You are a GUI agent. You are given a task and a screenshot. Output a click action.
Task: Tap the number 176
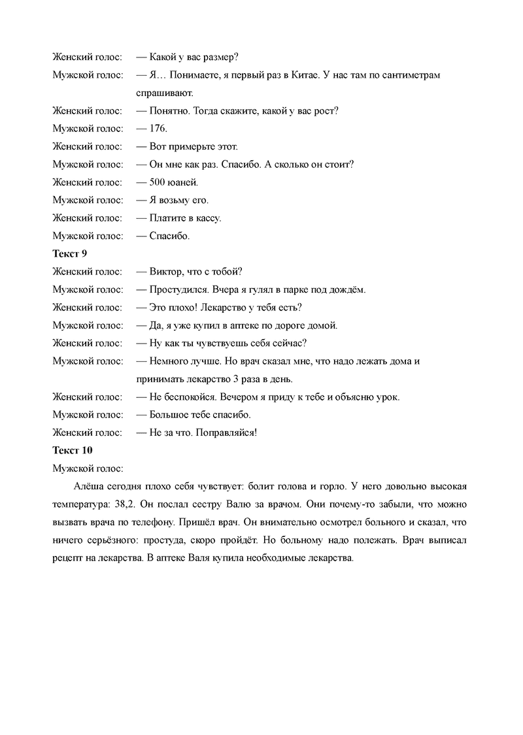tap(159, 129)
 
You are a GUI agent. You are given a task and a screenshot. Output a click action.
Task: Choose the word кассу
tap(207, 218)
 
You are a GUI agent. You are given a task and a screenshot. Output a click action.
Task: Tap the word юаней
tap(183, 182)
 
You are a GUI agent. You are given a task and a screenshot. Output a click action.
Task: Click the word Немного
tap(169, 361)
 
